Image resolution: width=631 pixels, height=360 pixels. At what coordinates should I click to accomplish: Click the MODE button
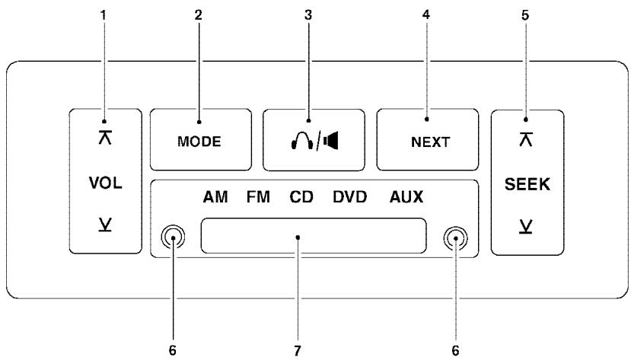pyautogui.click(x=200, y=142)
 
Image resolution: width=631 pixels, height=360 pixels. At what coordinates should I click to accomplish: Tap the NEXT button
pyautogui.click(x=427, y=142)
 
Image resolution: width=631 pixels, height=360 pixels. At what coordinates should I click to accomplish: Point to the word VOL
pyautogui.click(x=106, y=185)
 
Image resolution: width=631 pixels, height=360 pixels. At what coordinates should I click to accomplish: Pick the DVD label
pyautogui.click(x=350, y=198)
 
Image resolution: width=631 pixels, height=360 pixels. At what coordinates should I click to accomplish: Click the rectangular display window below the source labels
pyautogui.click(x=314, y=236)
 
